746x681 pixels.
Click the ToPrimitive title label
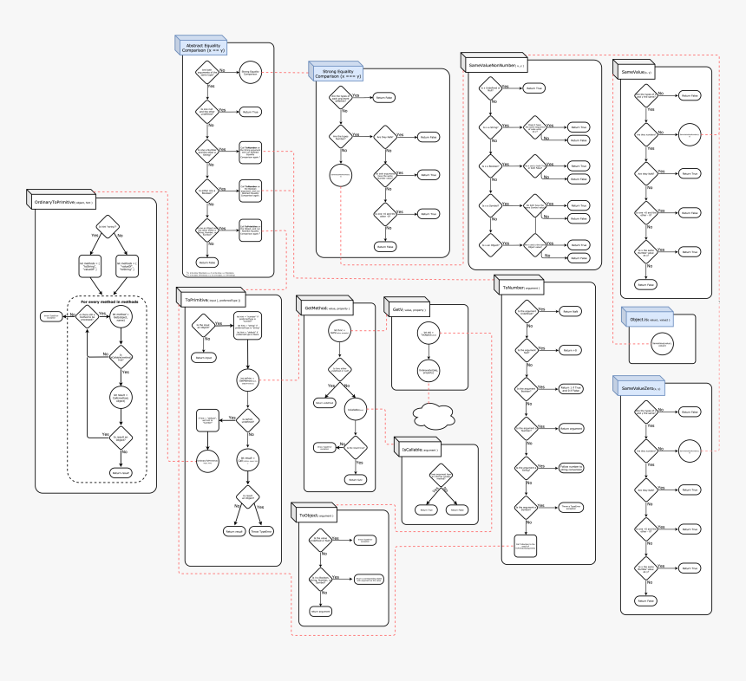click(x=207, y=299)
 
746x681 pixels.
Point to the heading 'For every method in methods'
click(x=108, y=302)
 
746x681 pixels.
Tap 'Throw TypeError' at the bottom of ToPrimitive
click(x=262, y=531)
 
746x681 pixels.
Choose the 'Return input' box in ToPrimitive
click(x=205, y=357)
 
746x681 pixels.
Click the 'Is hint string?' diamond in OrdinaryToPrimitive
click(x=107, y=227)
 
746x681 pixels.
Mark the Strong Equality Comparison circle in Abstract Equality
click(x=251, y=74)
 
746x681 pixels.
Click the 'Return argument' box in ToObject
click(x=320, y=611)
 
